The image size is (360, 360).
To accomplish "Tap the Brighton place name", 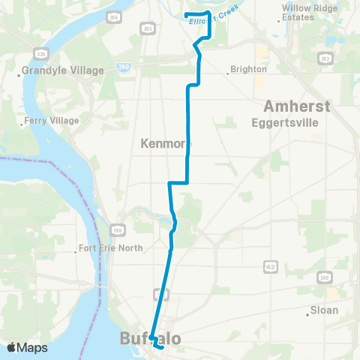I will [250, 69].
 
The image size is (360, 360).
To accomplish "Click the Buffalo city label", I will [150, 340].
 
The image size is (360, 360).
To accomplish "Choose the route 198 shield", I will [119, 229].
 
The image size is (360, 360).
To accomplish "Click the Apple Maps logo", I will [28, 348].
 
